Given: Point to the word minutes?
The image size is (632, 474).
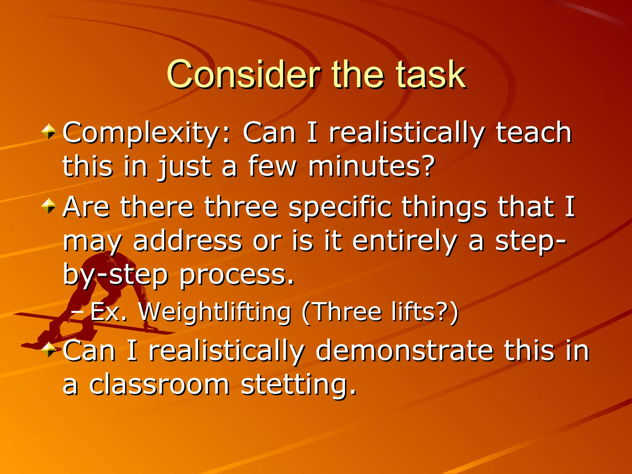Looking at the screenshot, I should (x=372, y=167).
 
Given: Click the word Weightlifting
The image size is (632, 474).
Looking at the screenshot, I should (x=215, y=312).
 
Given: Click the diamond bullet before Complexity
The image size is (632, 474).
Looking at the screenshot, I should (x=49, y=132).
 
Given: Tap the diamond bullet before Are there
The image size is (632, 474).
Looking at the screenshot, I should (x=49, y=206).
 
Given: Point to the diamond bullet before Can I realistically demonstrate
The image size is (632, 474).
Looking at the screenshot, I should (x=49, y=350).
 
